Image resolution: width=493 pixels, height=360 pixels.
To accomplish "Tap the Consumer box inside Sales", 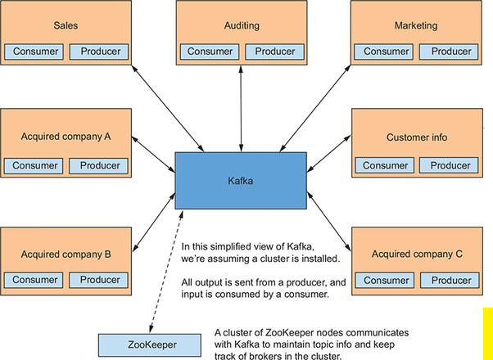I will (36, 52).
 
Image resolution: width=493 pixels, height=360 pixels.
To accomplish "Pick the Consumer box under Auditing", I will (210, 52).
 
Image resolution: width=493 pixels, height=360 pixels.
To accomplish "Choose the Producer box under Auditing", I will (274, 52).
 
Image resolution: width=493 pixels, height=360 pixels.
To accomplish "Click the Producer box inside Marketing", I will (451, 52).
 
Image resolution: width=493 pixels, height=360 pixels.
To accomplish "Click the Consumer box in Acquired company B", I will (36, 280).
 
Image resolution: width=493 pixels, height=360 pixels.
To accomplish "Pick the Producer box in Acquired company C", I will (451, 280).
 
